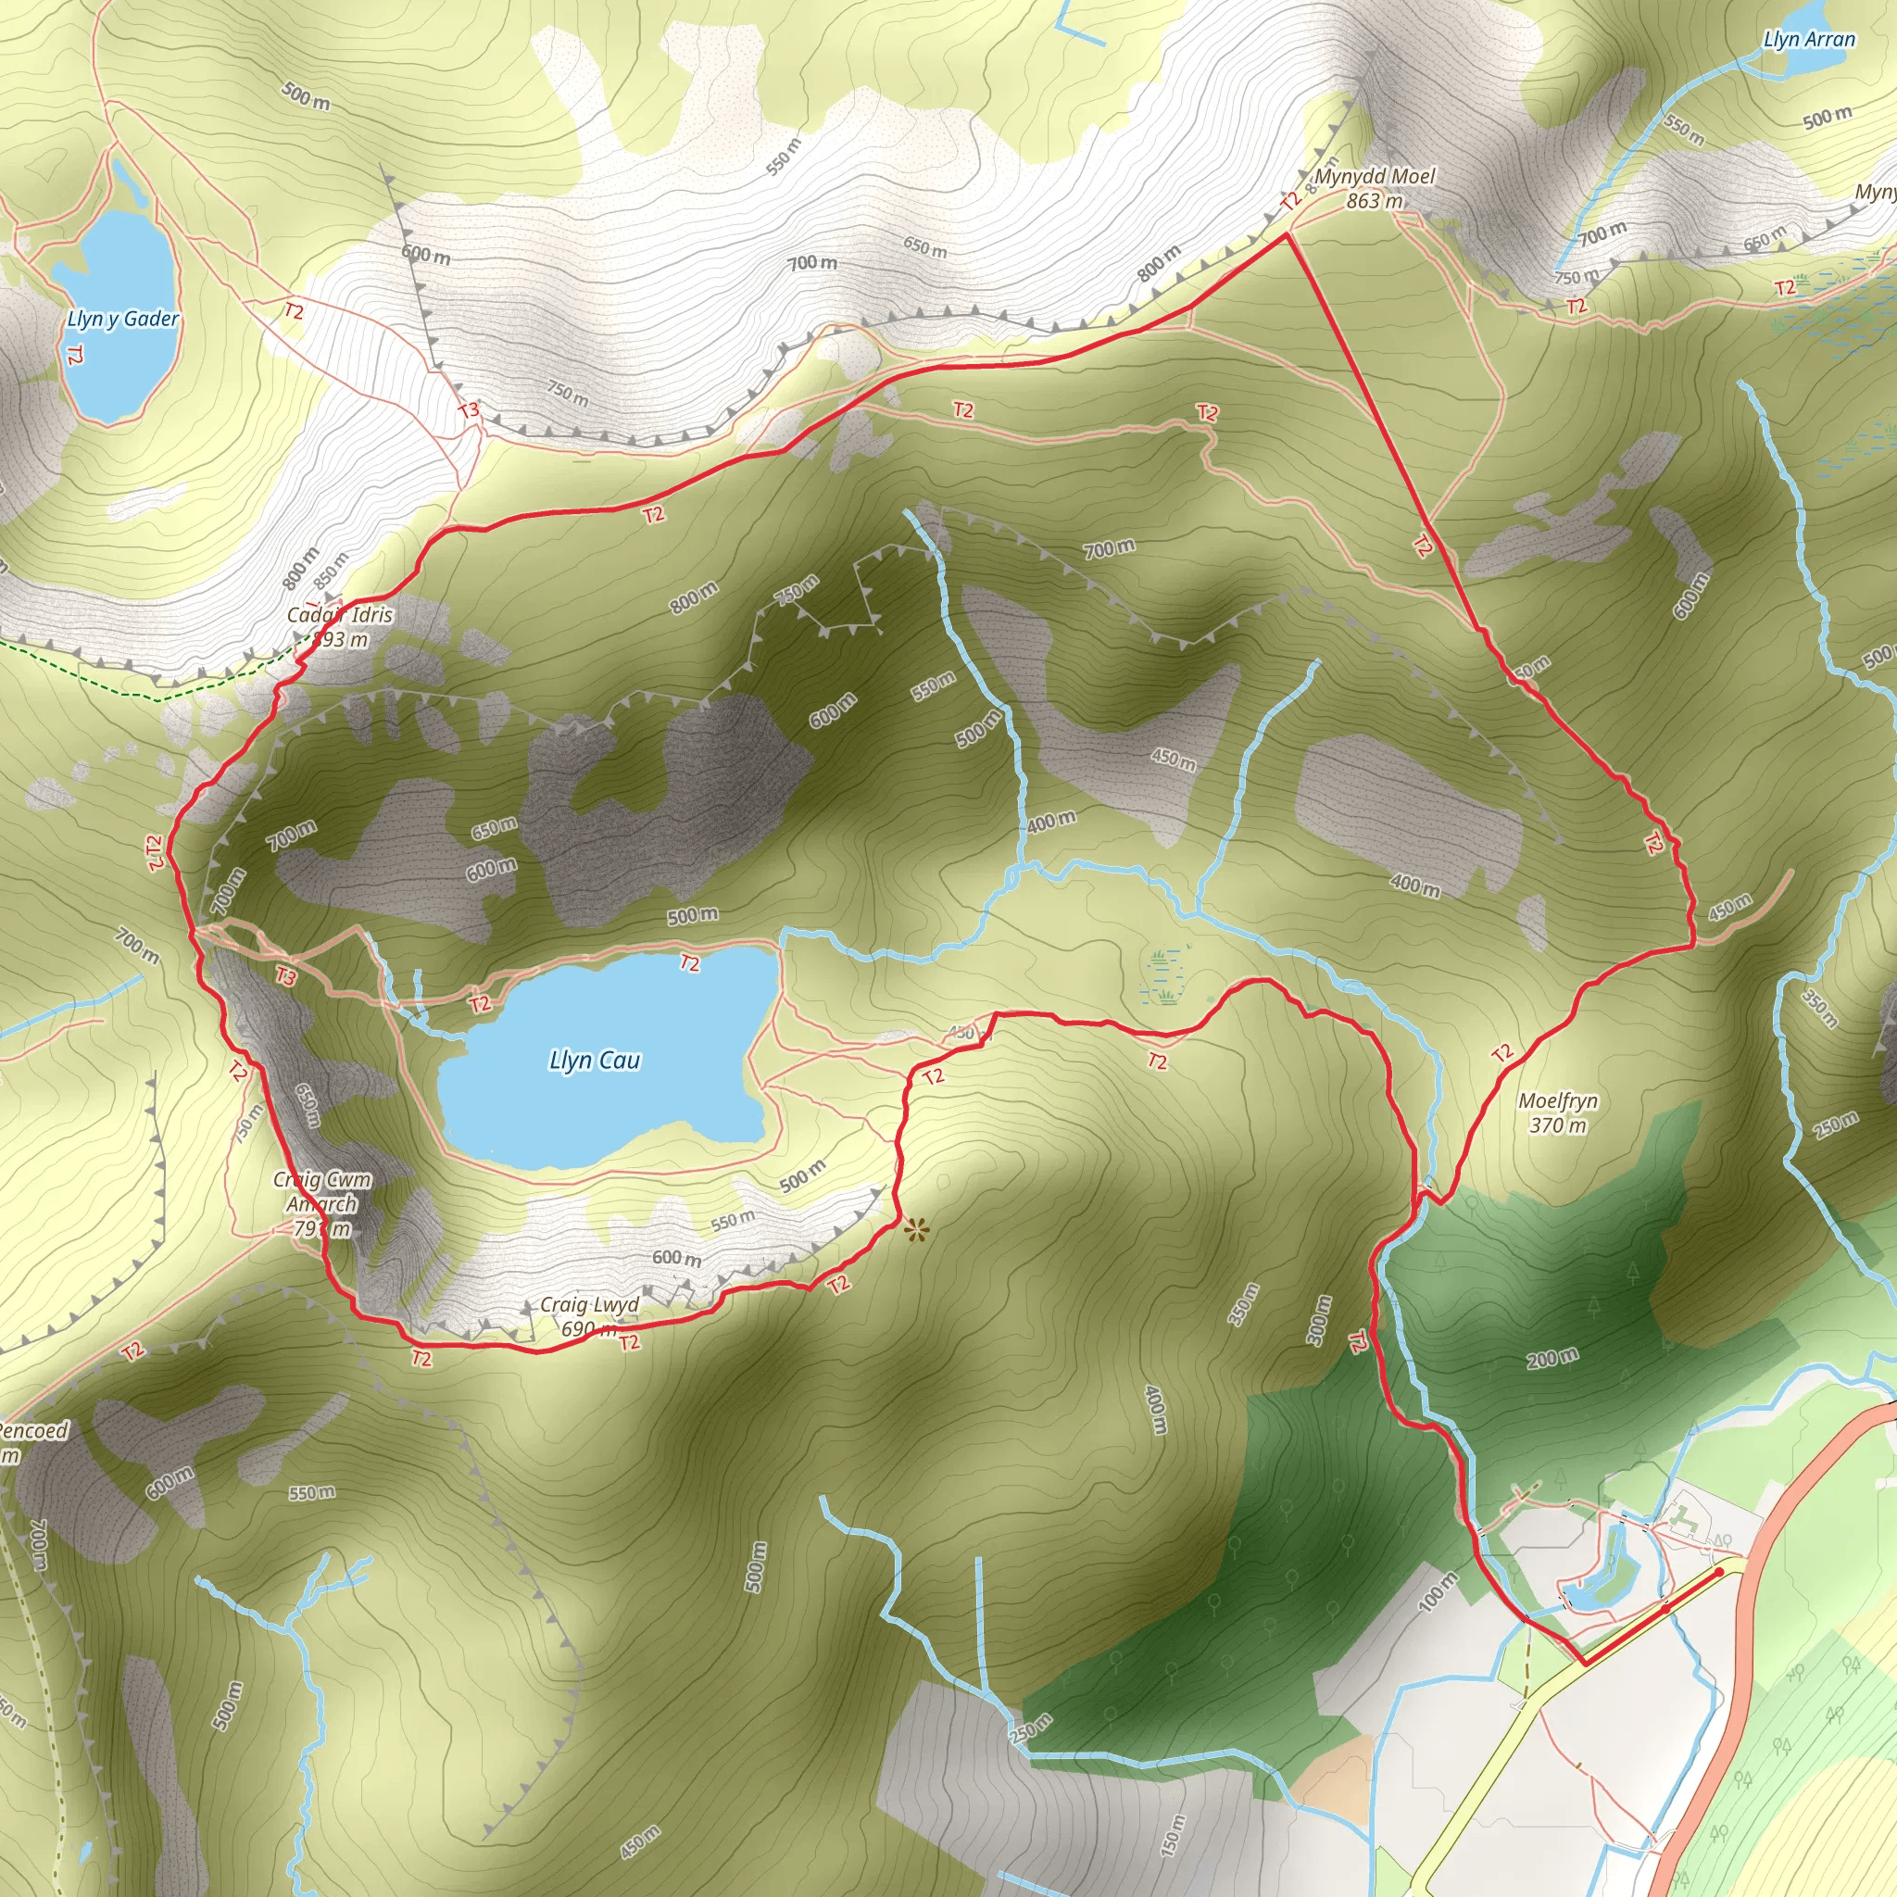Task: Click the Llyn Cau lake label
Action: click(x=594, y=1061)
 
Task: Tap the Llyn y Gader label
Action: click(x=123, y=320)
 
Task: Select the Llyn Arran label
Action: click(x=1809, y=39)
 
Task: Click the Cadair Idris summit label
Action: click(x=340, y=627)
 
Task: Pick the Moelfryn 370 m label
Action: click(x=1558, y=1112)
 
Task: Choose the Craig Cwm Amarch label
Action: click(x=322, y=1204)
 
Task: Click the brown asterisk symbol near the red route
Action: click(x=916, y=1229)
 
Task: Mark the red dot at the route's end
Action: click(x=1718, y=1572)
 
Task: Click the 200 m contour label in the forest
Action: click(x=1552, y=1359)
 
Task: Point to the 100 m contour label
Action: click(x=1438, y=1590)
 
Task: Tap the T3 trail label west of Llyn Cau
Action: click(x=284, y=976)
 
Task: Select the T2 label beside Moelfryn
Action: click(x=1502, y=1053)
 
